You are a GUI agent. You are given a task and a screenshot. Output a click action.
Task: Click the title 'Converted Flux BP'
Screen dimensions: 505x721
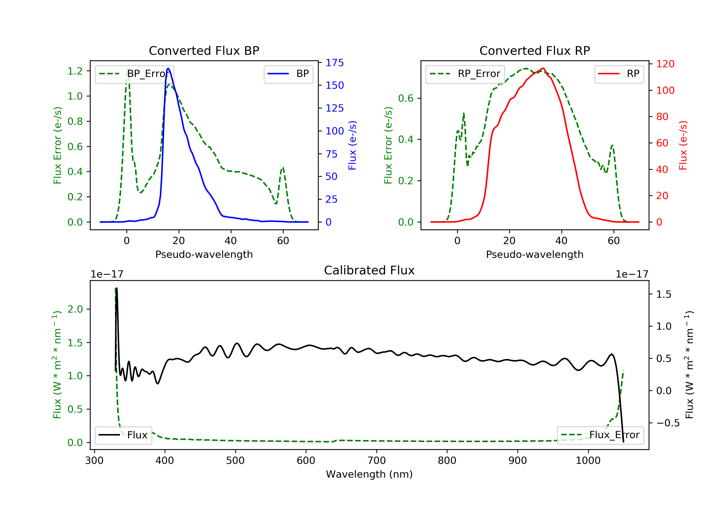(204, 50)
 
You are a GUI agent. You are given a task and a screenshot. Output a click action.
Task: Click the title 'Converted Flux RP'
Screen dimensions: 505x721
(535, 50)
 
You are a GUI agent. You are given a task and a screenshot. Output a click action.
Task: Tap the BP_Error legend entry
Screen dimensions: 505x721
(134, 74)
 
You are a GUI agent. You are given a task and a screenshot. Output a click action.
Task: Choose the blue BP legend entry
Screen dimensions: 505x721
(288, 74)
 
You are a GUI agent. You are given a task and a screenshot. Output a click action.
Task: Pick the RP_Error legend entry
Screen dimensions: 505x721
(465, 74)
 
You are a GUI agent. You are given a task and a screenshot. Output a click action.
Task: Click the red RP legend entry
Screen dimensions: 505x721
(619, 74)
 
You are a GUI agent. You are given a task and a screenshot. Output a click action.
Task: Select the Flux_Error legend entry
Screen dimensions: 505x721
(600, 435)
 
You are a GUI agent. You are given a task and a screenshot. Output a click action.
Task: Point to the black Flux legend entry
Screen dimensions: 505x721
(124, 435)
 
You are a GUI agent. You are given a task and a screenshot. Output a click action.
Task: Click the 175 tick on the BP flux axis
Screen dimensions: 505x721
(335, 63)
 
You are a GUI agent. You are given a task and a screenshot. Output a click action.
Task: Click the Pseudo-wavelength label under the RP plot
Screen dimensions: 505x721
(535, 254)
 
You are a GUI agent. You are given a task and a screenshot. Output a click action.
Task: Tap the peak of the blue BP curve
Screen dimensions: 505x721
(168, 68)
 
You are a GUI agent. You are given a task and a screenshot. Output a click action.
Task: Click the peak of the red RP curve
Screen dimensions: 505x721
(543, 68)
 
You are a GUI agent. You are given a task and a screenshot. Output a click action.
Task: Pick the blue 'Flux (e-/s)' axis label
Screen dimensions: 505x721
(352, 145)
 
